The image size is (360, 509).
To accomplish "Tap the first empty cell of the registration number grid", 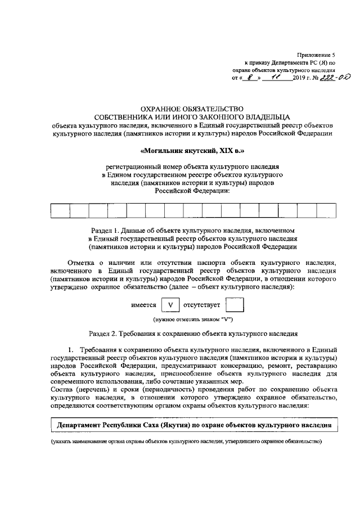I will point(60,210).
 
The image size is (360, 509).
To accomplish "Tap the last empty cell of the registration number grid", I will point(326,210).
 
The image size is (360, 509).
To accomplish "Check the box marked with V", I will point(170,305).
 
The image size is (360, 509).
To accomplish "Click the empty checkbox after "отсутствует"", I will point(235,305).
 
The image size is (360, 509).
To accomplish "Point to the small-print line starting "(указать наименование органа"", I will point(186,443).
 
